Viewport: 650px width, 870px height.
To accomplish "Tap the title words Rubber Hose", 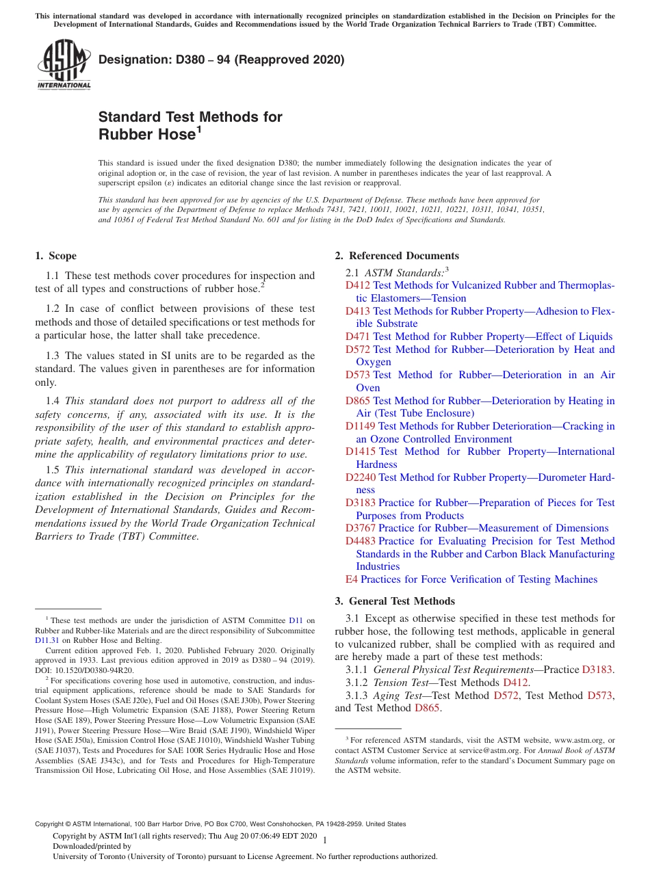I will point(147,135).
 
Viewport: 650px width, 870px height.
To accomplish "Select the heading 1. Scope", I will point(55,256).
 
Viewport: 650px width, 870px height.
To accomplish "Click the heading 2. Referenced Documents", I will point(396,256).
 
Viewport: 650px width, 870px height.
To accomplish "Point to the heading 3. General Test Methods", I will point(394,601).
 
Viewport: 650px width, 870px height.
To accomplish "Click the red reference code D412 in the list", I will point(357,285).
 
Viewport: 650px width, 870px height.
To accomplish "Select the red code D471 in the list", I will point(357,337).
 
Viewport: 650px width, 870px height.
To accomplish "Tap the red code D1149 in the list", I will point(360,426).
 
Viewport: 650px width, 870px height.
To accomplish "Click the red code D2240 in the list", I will point(360,477).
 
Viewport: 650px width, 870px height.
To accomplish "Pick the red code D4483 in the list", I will point(360,541).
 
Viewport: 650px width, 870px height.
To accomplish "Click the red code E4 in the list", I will point(351,579).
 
